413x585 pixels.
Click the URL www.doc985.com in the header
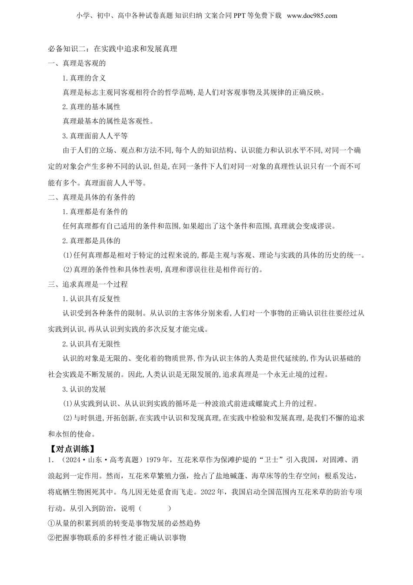pyautogui.click(x=312, y=16)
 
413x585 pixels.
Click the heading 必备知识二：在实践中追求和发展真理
pyautogui.click(x=113, y=49)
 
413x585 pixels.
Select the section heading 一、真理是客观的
pyautogui.click(x=77, y=63)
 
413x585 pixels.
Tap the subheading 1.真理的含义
pyautogui.click(x=84, y=78)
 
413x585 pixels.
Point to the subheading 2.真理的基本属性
pyautogui.click(x=91, y=107)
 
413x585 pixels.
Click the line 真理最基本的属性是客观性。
pyautogui.click(x=108, y=121)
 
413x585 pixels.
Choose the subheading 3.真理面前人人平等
pyautogui.click(x=95, y=136)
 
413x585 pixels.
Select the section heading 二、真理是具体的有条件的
pyautogui.click(x=91, y=197)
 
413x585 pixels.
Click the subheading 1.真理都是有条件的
pyautogui.click(x=95, y=212)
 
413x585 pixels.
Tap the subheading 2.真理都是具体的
pyautogui.click(x=91, y=241)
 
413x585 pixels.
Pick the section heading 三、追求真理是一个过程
pyautogui.click(x=88, y=284)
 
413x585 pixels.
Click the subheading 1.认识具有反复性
pyautogui.click(x=91, y=299)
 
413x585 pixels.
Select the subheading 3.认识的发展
pyautogui.click(x=84, y=389)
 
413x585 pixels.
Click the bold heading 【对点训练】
pyautogui.click(x=70, y=448)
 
